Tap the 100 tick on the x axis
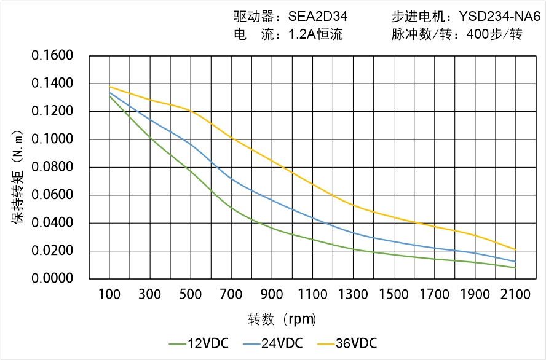(109, 295)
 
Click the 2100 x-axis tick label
(515, 295)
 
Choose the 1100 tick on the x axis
(312, 295)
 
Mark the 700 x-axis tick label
(231, 295)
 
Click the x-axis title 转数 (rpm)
(282, 319)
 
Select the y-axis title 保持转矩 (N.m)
(18, 177)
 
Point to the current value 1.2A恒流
(315, 34)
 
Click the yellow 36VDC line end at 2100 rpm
(515, 250)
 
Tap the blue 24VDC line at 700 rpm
(231, 179)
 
